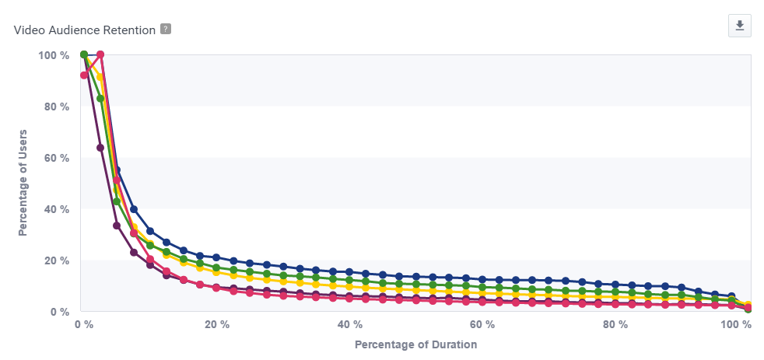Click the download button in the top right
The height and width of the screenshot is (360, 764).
point(739,26)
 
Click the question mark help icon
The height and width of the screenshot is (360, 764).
point(165,29)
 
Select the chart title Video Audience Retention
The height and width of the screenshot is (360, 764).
point(85,30)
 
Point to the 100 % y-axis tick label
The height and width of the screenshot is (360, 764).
point(53,55)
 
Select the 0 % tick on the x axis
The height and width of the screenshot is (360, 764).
point(83,324)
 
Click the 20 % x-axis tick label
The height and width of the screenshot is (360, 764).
point(216,324)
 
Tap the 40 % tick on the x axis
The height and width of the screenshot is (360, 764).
point(349,324)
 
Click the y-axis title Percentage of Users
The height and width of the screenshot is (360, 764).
point(23,183)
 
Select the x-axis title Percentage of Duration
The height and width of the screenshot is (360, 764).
point(415,344)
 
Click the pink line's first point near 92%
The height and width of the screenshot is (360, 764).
point(84,75)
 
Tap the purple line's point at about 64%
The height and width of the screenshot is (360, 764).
point(100,148)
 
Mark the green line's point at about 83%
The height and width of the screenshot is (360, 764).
point(100,99)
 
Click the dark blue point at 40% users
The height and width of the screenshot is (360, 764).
point(134,209)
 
